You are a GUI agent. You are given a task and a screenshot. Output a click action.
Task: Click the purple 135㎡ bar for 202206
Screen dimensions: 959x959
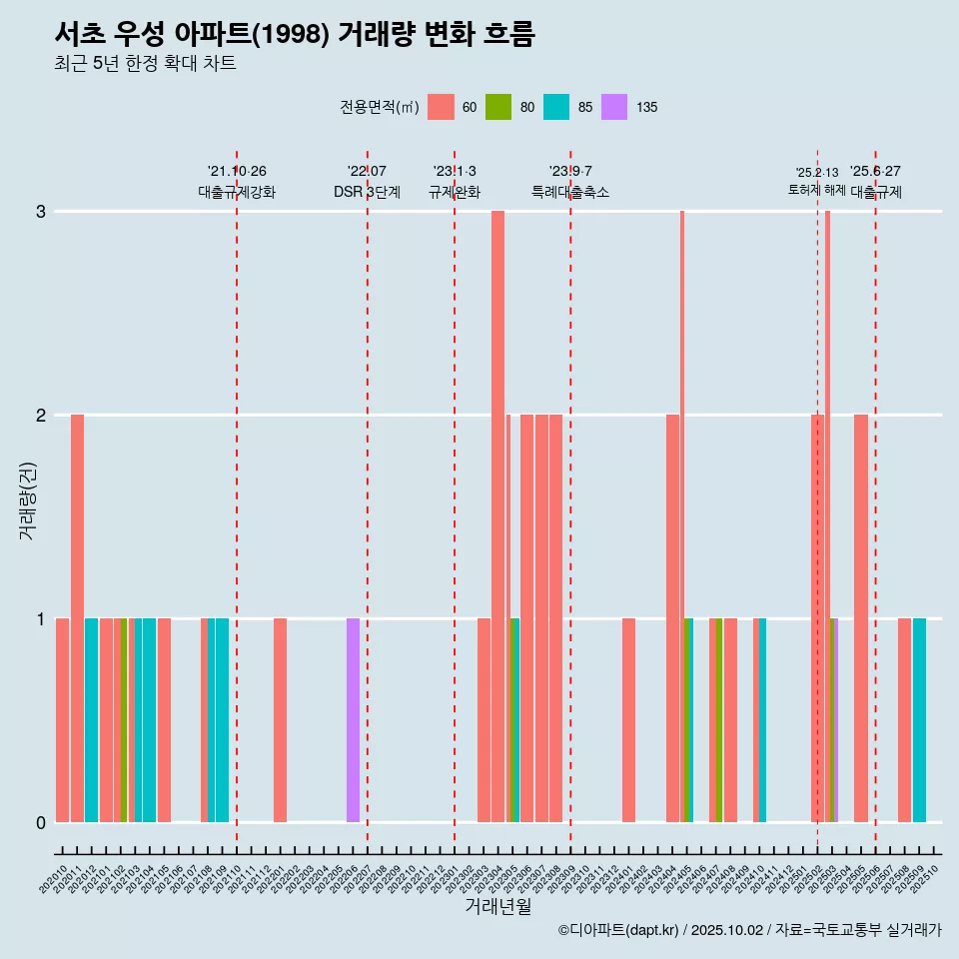[x=353, y=719]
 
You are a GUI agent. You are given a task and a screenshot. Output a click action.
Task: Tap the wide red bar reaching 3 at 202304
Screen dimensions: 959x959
[x=497, y=515]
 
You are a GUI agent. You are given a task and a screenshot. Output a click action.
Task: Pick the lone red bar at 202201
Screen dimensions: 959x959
[x=281, y=719]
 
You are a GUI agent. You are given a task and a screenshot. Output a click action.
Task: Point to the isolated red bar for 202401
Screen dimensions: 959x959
[x=628, y=719]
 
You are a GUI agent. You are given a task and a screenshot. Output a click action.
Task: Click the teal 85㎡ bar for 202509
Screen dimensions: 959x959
[x=919, y=719]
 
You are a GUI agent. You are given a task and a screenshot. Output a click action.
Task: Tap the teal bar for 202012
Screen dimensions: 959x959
[x=92, y=719]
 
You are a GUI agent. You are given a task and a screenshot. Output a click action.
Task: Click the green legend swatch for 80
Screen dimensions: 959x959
[x=498, y=107]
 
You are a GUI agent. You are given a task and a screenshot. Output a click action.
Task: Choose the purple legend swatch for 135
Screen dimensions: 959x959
[x=614, y=107]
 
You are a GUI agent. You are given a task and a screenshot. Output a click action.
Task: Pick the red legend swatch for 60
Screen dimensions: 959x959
[x=441, y=107]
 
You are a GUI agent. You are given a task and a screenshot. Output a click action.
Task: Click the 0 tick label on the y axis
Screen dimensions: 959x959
[x=41, y=822]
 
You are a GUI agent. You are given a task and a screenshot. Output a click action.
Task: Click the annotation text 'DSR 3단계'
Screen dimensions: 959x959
[x=368, y=192]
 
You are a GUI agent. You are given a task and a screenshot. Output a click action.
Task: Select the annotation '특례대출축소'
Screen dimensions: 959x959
[x=570, y=192]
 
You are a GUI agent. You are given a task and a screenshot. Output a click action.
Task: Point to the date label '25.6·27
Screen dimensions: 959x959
[x=875, y=171]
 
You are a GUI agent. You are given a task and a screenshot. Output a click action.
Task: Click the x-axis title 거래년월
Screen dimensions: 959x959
[x=497, y=906]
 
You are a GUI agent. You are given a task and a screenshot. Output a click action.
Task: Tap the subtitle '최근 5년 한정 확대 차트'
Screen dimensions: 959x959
[x=145, y=64]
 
